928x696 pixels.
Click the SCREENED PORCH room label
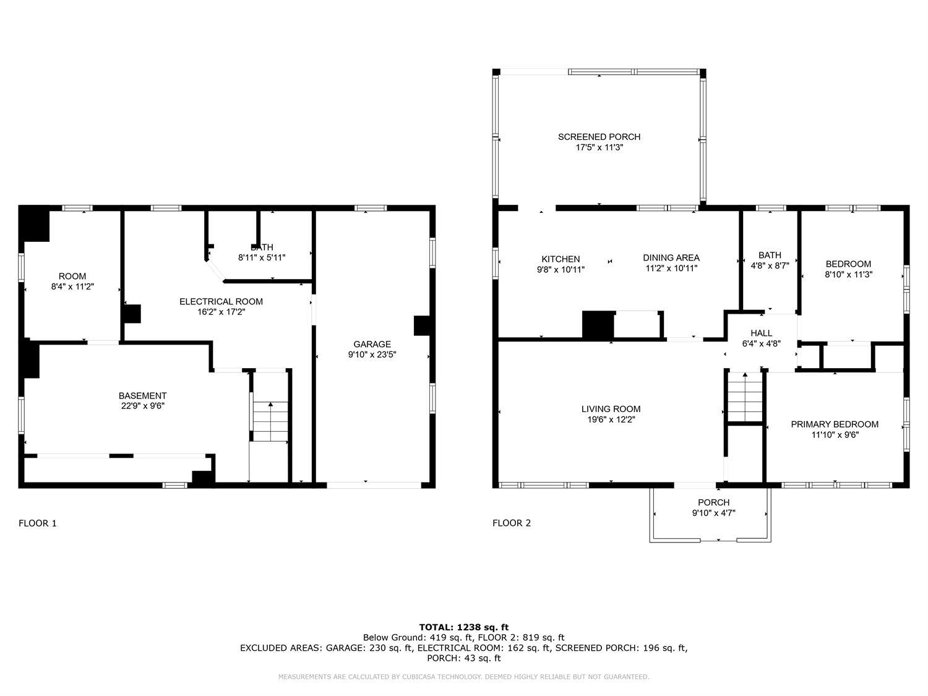(599, 137)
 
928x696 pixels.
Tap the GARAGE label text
(372, 345)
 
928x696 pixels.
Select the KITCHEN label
(561, 259)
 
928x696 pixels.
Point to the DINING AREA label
(671, 258)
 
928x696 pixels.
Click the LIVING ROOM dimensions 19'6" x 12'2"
(611, 419)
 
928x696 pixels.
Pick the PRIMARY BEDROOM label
(835, 424)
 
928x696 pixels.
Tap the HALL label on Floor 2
(761, 333)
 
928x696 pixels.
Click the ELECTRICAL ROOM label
(221, 302)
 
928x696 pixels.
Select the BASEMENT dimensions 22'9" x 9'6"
(142, 406)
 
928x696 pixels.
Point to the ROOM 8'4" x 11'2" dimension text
(72, 286)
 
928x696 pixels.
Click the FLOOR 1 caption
(38, 523)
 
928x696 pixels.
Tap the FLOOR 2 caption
(511, 523)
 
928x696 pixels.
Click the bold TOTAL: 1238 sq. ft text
(464, 627)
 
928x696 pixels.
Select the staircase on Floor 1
(270, 421)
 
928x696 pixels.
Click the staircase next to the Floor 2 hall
(744, 397)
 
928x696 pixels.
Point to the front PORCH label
(714, 502)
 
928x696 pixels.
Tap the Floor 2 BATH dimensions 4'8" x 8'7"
(770, 266)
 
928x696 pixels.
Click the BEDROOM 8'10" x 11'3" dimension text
(848, 274)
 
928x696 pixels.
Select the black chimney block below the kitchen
(598, 325)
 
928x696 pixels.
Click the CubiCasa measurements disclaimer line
(463, 677)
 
